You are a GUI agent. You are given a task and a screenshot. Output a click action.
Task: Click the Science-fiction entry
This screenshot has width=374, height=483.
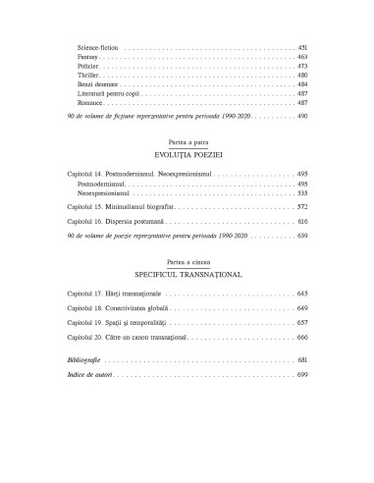pos(96,47)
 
